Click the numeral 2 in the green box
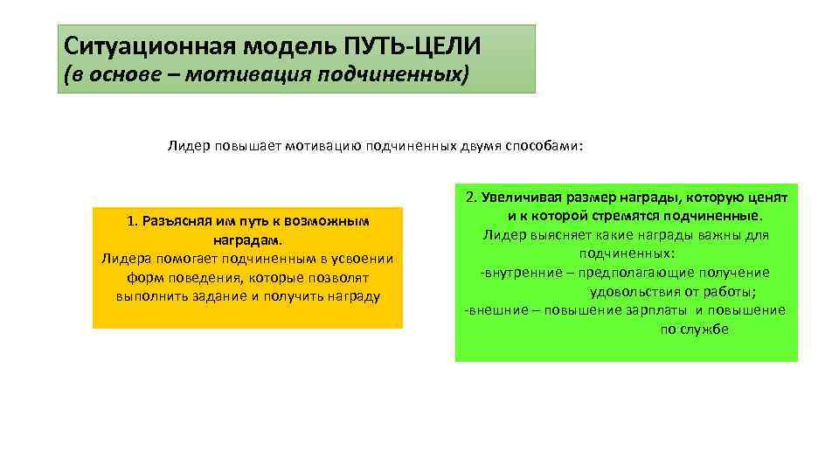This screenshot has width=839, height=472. pos(469,198)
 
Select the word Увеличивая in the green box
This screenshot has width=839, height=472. pos(521,198)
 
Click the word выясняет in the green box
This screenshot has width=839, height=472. pos(559,235)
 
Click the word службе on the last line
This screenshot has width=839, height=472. pos(707,329)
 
